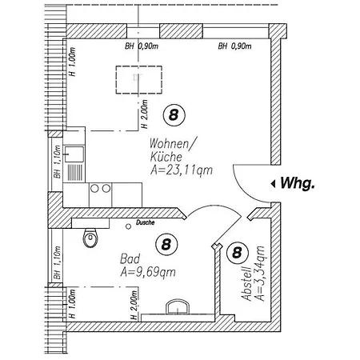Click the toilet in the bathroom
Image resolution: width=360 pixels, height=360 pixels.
pyautogui.click(x=90, y=238)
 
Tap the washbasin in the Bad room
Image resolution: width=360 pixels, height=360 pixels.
pyautogui.click(x=178, y=306)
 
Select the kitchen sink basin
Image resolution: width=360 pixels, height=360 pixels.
pyautogui.click(x=74, y=154)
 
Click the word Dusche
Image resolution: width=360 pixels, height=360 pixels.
pyautogui.click(x=145, y=222)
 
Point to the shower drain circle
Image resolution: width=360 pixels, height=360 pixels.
pyautogui.click(x=128, y=226)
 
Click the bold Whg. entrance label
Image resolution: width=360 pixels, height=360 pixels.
pyautogui.click(x=298, y=183)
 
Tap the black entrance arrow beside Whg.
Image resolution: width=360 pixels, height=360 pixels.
pyautogui.click(x=273, y=184)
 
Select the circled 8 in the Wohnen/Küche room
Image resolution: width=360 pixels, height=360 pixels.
pyautogui.click(x=174, y=115)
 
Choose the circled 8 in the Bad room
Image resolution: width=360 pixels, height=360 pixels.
pyautogui.click(x=166, y=244)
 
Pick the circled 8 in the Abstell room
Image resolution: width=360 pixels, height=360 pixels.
pyautogui.click(x=238, y=252)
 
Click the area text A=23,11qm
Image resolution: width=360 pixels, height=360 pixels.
pyautogui.click(x=182, y=170)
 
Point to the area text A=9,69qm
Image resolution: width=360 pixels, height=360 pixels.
pyautogui.click(x=148, y=272)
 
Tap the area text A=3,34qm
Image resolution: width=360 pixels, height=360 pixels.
pyautogui.click(x=260, y=274)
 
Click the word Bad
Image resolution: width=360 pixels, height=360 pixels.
pyautogui.click(x=130, y=258)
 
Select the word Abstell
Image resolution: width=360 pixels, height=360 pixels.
pyautogui.click(x=246, y=283)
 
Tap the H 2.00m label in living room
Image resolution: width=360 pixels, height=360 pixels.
pyautogui.click(x=144, y=114)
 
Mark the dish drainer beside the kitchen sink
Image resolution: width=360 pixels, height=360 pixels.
pyautogui.click(x=75, y=173)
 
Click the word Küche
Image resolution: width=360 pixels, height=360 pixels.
pyautogui.click(x=166, y=157)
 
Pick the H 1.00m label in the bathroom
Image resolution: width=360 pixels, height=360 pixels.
pyautogui.click(x=72, y=303)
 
